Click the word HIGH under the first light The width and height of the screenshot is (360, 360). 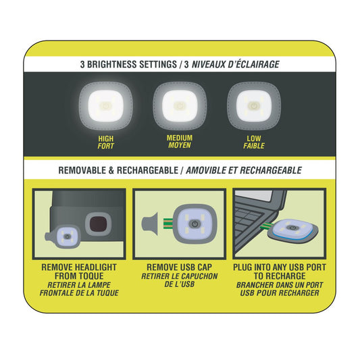[x=105, y=138]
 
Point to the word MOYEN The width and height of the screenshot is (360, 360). [x=179, y=145]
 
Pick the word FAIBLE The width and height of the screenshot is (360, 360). [x=254, y=146]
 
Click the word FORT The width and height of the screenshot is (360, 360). [x=105, y=146]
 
